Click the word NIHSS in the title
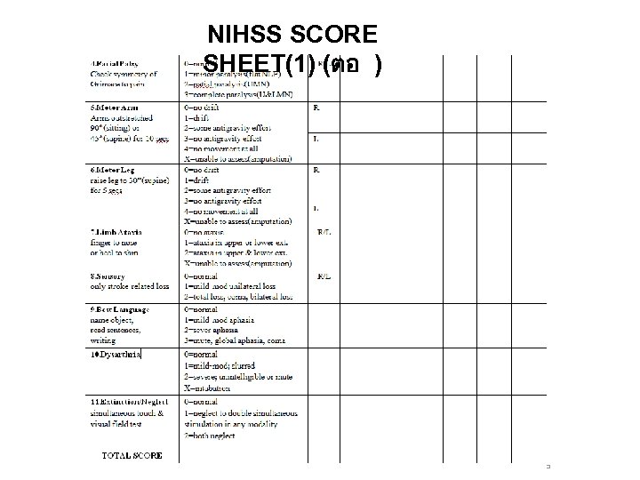pos(245,36)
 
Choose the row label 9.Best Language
pos(120,308)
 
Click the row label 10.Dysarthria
pos(116,355)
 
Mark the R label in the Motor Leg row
pos(316,169)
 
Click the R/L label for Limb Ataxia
pos(324,234)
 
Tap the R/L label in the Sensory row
pos(324,276)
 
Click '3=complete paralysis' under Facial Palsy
pos(233,93)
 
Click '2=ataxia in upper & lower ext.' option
pos(238,253)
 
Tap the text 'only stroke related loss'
pos(130,286)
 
